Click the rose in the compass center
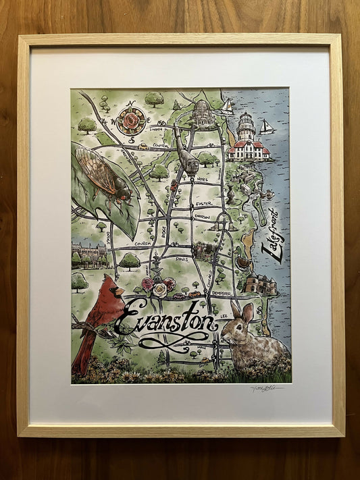pos(130,122)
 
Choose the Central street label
pos(161,144)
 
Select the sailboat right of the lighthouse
pos(267,127)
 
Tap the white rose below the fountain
pos(159,290)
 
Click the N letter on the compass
pos(130,104)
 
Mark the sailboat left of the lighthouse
pos(227,106)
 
